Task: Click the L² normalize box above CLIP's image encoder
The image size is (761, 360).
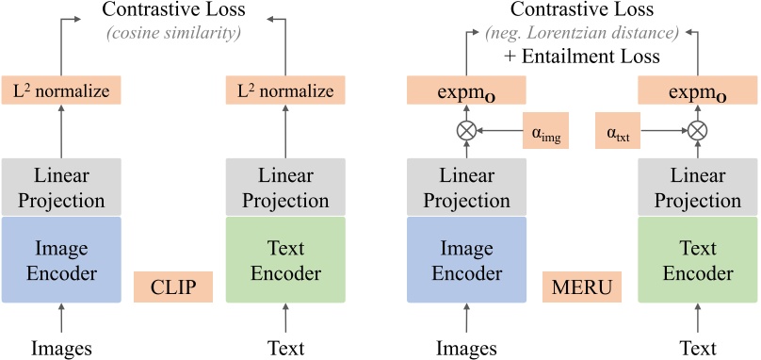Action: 62,91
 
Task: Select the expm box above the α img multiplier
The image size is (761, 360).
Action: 465,91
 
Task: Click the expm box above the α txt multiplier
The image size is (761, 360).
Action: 697,91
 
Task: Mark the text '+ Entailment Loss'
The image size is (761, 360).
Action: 581,57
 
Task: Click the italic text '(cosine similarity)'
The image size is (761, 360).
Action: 173,34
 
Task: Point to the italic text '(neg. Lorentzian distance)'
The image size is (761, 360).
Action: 581,34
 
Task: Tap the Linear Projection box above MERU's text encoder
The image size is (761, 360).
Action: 697,188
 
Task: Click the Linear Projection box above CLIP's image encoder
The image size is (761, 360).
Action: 62,188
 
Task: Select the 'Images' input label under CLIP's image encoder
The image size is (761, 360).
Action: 62,348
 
